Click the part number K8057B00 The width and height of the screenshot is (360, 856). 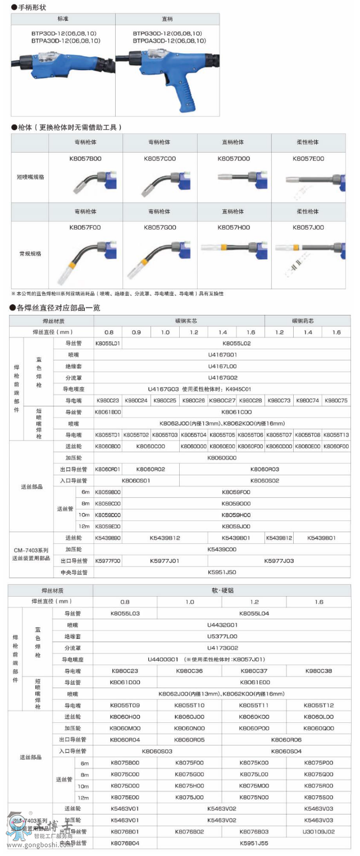(85, 159)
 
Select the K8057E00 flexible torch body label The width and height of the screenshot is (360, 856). (308, 159)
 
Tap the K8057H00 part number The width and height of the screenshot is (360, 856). (234, 228)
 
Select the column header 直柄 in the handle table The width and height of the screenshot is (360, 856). (167, 19)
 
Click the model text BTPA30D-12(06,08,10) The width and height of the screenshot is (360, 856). (66, 41)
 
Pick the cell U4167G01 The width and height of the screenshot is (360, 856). (222, 355)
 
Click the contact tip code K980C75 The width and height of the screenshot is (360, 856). (336, 400)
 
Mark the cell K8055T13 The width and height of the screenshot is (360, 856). (336, 435)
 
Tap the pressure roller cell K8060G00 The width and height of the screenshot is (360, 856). (222, 457)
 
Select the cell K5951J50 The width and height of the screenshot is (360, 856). (222, 572)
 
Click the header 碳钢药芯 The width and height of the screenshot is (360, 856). (307, 321)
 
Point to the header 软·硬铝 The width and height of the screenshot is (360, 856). (222, 590)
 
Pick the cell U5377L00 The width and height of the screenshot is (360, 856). (222, 637)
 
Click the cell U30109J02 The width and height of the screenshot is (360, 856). (318, 831)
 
